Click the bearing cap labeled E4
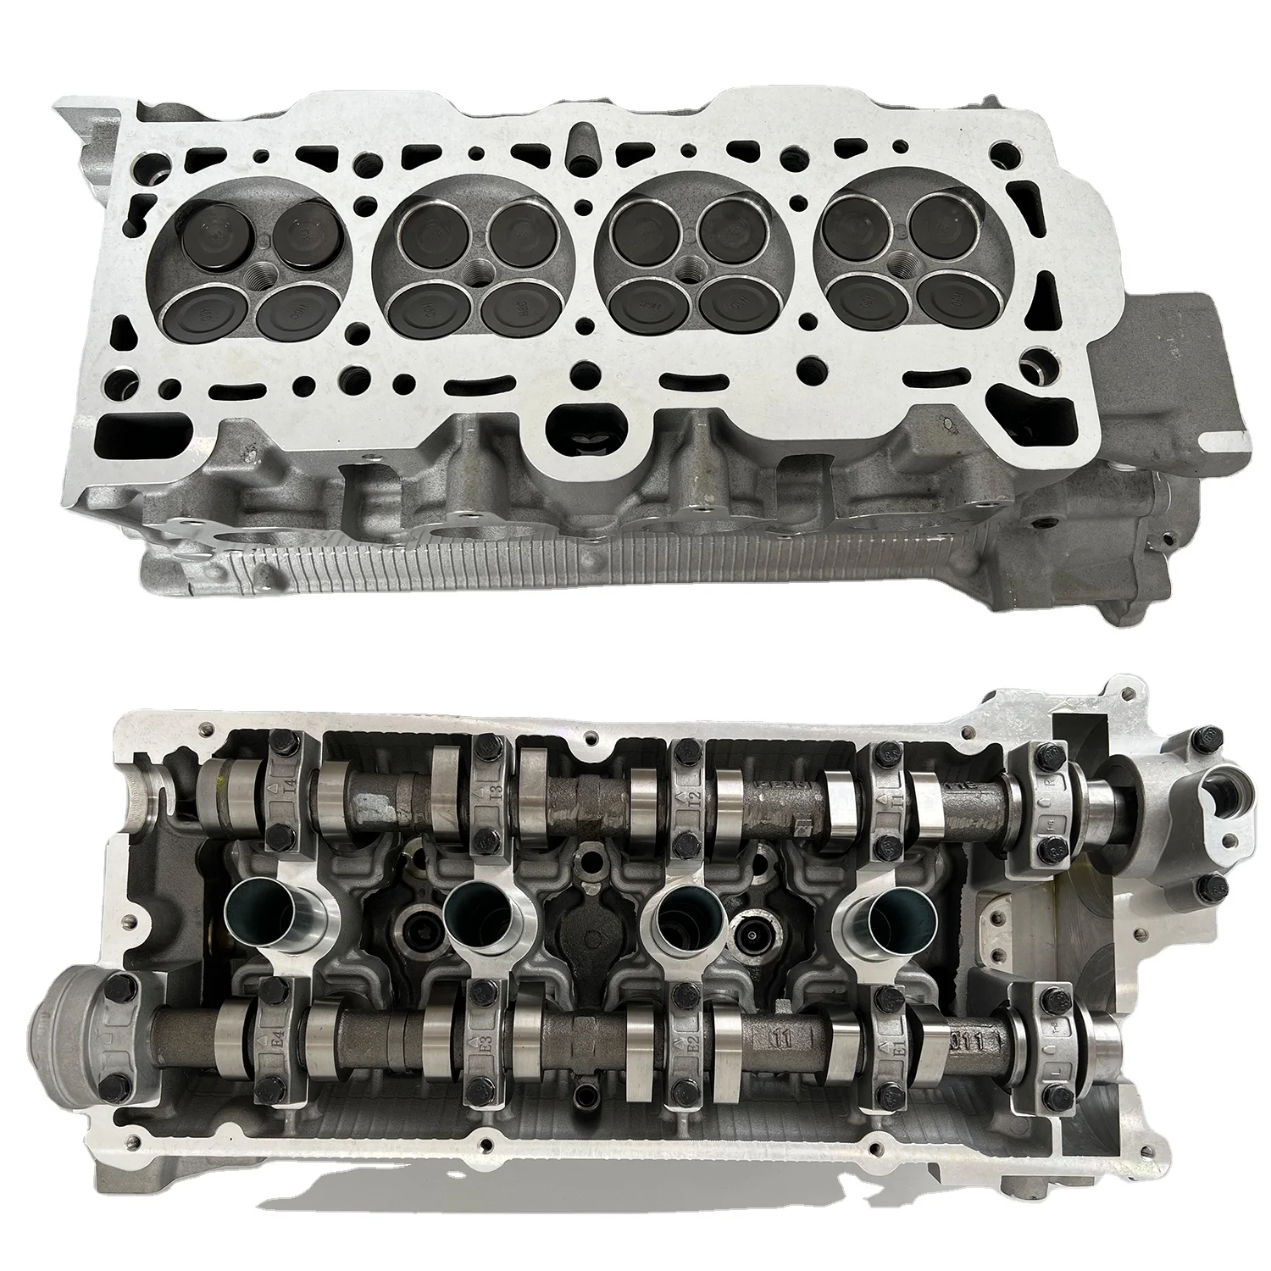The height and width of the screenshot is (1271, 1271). pos(275,1038)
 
